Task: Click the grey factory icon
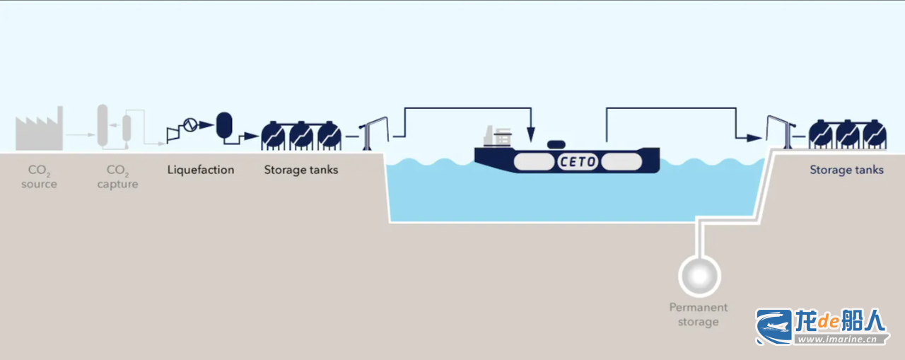[x=39, y=130]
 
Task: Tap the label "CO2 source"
[x=39, y=177]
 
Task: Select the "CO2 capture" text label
[x=117, y=177]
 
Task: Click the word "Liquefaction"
[x=201, y=170]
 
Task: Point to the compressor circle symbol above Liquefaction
[x=189, y=125]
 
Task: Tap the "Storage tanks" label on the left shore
[x=301, y=170]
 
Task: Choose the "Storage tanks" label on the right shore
[x=846, y=170]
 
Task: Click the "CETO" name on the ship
[x=578, y=162]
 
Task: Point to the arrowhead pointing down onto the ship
[x=531, y=133]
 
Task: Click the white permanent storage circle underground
[x=699, y=274]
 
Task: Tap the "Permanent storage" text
[x=699, y=315]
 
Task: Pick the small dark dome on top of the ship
[x=556, y=144]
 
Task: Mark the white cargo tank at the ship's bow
[x=621, y=162]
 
